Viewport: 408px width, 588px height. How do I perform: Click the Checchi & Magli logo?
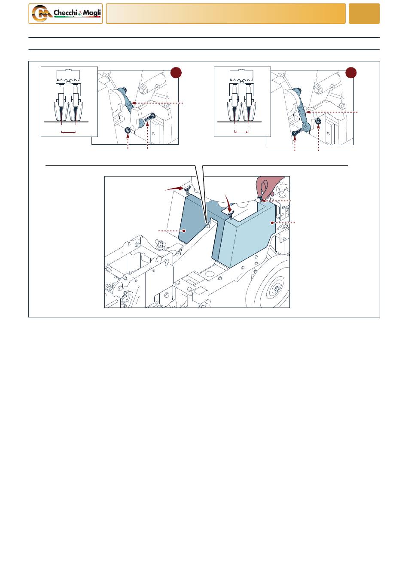coord(66,14)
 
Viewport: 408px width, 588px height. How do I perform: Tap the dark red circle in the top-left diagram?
coord(176,73)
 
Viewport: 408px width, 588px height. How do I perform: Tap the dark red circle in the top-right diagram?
coord(351,73)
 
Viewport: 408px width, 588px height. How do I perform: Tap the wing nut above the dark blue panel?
coord(187,190)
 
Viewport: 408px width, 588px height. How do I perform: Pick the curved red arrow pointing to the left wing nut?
coord(174,188)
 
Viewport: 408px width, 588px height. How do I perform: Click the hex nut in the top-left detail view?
coord(128,130)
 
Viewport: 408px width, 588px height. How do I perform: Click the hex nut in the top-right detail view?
coord(318,121)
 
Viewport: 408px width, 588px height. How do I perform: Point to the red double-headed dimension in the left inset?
coord(69,132)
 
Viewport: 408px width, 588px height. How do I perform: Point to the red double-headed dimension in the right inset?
coord(241,132)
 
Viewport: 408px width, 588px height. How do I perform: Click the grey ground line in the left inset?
coord(66,122)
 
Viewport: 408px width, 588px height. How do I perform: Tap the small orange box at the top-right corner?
coord(364,14)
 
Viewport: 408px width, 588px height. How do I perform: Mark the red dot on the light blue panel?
coord(272,222)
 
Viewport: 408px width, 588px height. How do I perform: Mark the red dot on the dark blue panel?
coord(184,231)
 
